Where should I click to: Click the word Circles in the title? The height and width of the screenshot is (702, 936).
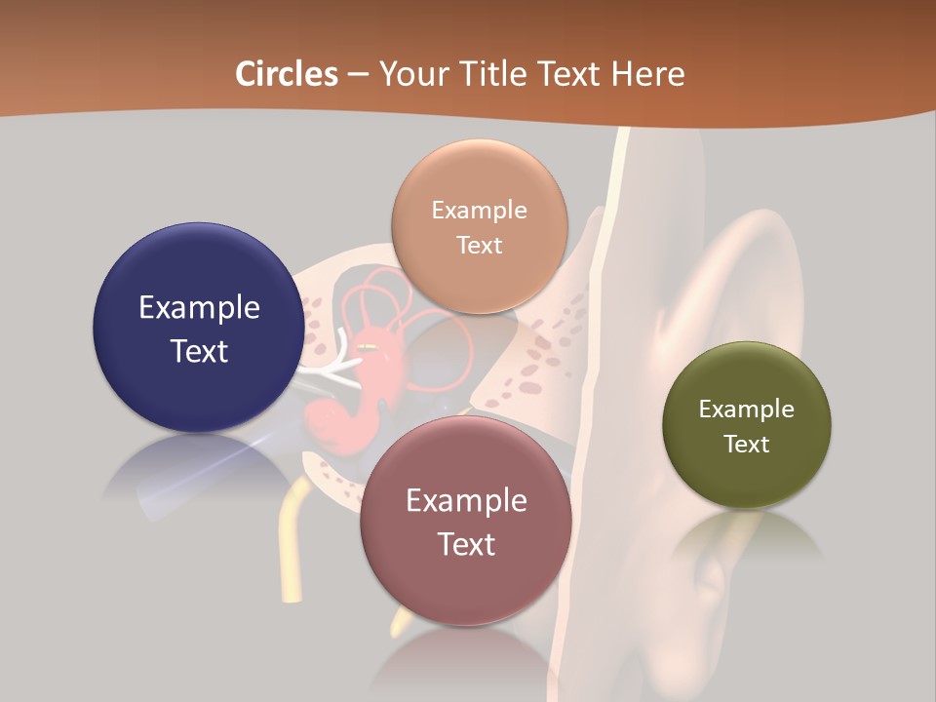(x=287, y=74)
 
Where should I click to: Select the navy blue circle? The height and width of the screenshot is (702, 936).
(x=198, y=328)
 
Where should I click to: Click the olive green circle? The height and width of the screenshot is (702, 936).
(x=747, y=425)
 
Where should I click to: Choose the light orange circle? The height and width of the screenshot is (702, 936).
(x=479, y=226)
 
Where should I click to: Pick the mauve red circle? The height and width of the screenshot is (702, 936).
(x=466, y=521)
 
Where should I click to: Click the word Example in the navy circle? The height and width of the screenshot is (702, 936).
(x=199, y=308)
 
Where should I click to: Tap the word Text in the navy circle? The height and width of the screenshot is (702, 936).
(x=199, y=351)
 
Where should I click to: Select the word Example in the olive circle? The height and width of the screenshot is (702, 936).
(x=747, y=409)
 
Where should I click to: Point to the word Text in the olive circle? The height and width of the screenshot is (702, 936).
(x=747, y=445)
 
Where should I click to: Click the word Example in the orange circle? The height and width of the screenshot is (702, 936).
(x=479, y=211)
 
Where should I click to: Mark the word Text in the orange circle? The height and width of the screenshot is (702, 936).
(x=479, y=246)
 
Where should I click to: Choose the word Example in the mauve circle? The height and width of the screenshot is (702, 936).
(x=466, y=501)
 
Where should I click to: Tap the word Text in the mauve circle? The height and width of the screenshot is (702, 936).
(x=466, y=544)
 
